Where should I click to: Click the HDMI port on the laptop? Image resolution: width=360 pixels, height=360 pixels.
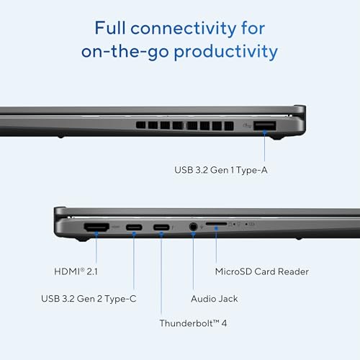click(x=96, y=227)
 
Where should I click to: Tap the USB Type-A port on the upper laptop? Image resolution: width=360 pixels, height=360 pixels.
click(x=264, y=126)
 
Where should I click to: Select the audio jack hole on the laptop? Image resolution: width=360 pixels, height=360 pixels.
click(x=193, y=227)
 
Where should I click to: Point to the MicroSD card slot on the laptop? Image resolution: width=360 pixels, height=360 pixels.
click(x=216, y=224)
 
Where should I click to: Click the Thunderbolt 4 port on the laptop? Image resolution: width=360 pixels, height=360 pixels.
click(x=161, y=227)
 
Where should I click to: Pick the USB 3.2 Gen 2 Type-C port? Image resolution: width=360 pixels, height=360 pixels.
click(x=134, y=227)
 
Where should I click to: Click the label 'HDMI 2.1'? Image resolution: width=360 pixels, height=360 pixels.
click(x=76, y=271)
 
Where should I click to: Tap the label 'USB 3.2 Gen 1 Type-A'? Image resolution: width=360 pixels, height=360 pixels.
click(x=221, y=170)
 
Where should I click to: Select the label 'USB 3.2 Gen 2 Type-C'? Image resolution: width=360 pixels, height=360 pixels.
click(x=89, y=299)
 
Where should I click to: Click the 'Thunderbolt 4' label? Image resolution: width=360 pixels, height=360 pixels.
click(x=193, y=323)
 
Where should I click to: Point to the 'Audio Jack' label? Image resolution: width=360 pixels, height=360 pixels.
click(x=215, y=299)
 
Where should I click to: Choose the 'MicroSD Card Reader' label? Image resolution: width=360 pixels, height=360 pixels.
click(x=262, y=271)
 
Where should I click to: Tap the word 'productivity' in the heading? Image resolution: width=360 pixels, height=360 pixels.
click(x=226, y=52)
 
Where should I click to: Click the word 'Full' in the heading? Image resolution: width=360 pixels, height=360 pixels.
click(x=110, y=27)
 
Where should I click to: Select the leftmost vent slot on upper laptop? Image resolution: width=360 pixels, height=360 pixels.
click(x=140, y=125)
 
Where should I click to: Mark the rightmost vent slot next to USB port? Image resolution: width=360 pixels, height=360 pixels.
click(x=229, y=126)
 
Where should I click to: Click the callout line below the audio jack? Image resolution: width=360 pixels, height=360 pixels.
click(x=193, y=261)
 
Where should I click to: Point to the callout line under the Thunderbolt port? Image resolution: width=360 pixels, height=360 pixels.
click(x=161, y=274)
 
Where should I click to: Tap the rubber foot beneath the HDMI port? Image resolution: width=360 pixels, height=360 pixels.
click(x=83, y=239)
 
